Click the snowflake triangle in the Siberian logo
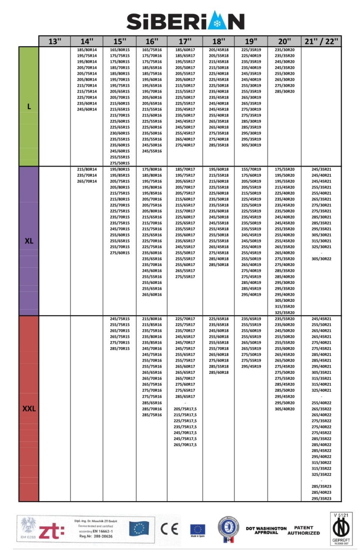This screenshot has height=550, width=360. [217, 22]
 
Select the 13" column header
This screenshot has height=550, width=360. [55, 41]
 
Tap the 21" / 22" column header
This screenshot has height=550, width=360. [321, 41]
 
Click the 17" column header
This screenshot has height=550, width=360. [185, 41]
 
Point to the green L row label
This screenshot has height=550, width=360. [29, 107]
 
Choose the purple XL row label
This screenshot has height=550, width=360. [29, 241]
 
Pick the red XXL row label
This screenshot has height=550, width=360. [29, 409]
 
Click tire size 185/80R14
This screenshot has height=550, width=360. [87, 50]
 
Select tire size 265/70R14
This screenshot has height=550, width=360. [87, 181]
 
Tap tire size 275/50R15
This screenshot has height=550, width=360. [120, 163]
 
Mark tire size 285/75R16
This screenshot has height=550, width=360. [152, 415]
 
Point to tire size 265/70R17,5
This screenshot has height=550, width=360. [185, 445]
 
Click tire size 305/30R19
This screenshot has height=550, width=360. [251, 145]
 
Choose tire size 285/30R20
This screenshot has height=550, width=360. [284, 91]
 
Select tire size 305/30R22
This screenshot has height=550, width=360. [322, 259]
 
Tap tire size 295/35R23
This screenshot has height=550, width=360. [322, 498]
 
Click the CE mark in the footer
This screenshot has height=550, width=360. [169, 529]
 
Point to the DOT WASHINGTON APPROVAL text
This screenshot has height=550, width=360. [266, 530]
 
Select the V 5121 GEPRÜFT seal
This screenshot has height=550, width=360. [341, 529]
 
